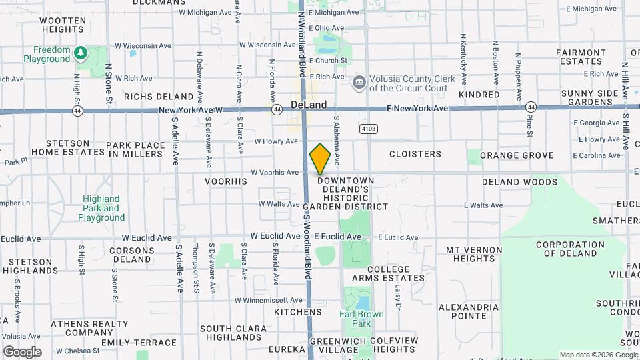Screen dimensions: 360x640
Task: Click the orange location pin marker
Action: [x=320, y=159]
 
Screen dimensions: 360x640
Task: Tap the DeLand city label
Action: [x=309, y=105]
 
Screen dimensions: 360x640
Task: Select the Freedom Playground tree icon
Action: [x=81, y=52]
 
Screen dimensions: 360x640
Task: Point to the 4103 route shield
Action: [x=367, y=128]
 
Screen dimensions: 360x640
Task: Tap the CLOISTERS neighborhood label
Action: [x=415, y=154]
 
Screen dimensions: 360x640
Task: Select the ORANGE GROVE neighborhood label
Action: [x=517, y=155]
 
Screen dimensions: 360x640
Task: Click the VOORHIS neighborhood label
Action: [x=225, y=181]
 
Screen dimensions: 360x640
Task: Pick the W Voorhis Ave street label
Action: [x=275, y=173]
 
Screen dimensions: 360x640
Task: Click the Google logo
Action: [x=22, y=352]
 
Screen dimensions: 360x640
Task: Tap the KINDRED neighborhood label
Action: [x=479, y=95]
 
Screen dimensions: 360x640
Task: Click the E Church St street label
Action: [x=327, y=61]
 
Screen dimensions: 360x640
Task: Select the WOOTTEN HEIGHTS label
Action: [x=63, y=25]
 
